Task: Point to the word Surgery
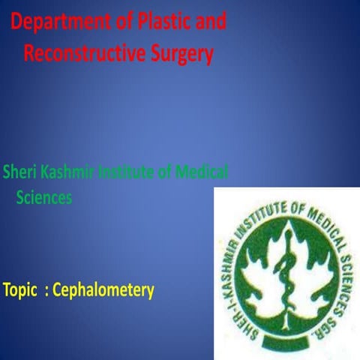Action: pos(180,54)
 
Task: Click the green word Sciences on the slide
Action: pos(44,198)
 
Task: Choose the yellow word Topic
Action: pos(20,289)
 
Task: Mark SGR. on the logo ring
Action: pos(333,318)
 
